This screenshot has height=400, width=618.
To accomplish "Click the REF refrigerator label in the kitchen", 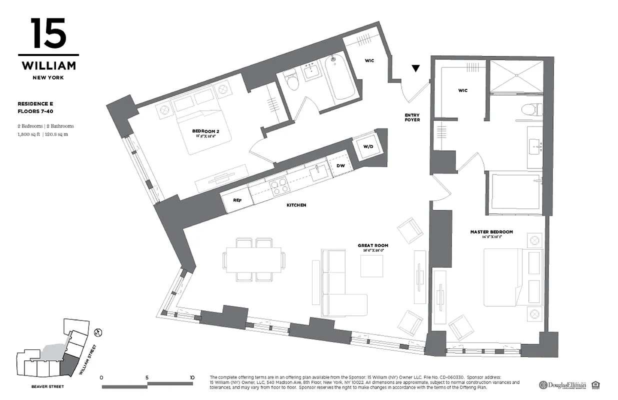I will pos(237,199).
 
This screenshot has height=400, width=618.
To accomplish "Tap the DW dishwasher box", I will pos(340,165).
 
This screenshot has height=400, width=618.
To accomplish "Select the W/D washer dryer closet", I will pos(367,147).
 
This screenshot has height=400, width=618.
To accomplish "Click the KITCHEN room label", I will pos(296,205).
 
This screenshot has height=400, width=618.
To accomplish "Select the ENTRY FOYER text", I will pos(412,117).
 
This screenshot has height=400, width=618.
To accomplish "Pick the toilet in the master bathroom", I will pos(530,108).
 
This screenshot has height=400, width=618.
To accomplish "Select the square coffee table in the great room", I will pos(371,266).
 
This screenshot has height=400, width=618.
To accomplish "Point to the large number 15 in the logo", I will pos(48,33).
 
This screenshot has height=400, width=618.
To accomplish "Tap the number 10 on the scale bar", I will pos(192,377).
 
